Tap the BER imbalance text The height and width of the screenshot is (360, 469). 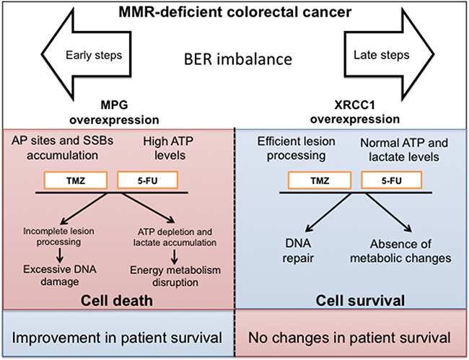coord(238,59)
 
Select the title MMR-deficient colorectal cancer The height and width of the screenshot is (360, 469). coord(235,12)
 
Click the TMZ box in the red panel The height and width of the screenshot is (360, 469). coord(76,180)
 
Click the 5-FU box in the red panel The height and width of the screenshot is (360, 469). coord(147,180)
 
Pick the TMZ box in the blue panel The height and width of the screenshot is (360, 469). coord(320,180)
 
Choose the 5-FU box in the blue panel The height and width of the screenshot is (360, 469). coord(392,180)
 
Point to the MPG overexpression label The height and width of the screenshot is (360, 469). coord(114,113)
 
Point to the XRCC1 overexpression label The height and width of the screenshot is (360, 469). coord(355,112)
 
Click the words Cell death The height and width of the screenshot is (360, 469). coord(117,301)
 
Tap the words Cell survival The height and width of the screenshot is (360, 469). coord(360,301)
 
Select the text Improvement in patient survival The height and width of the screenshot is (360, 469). coord(117,338)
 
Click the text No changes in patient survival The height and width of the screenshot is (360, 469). coord(349,338)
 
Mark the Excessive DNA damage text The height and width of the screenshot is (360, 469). coord(60,276)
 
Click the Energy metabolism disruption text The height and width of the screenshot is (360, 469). coord(175,276)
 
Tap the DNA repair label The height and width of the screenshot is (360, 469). coord(298,250)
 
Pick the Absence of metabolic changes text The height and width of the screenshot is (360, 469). coord(400,251)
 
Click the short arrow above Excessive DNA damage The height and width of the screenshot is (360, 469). coord(60,255)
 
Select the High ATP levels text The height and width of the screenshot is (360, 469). coord(168,149)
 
